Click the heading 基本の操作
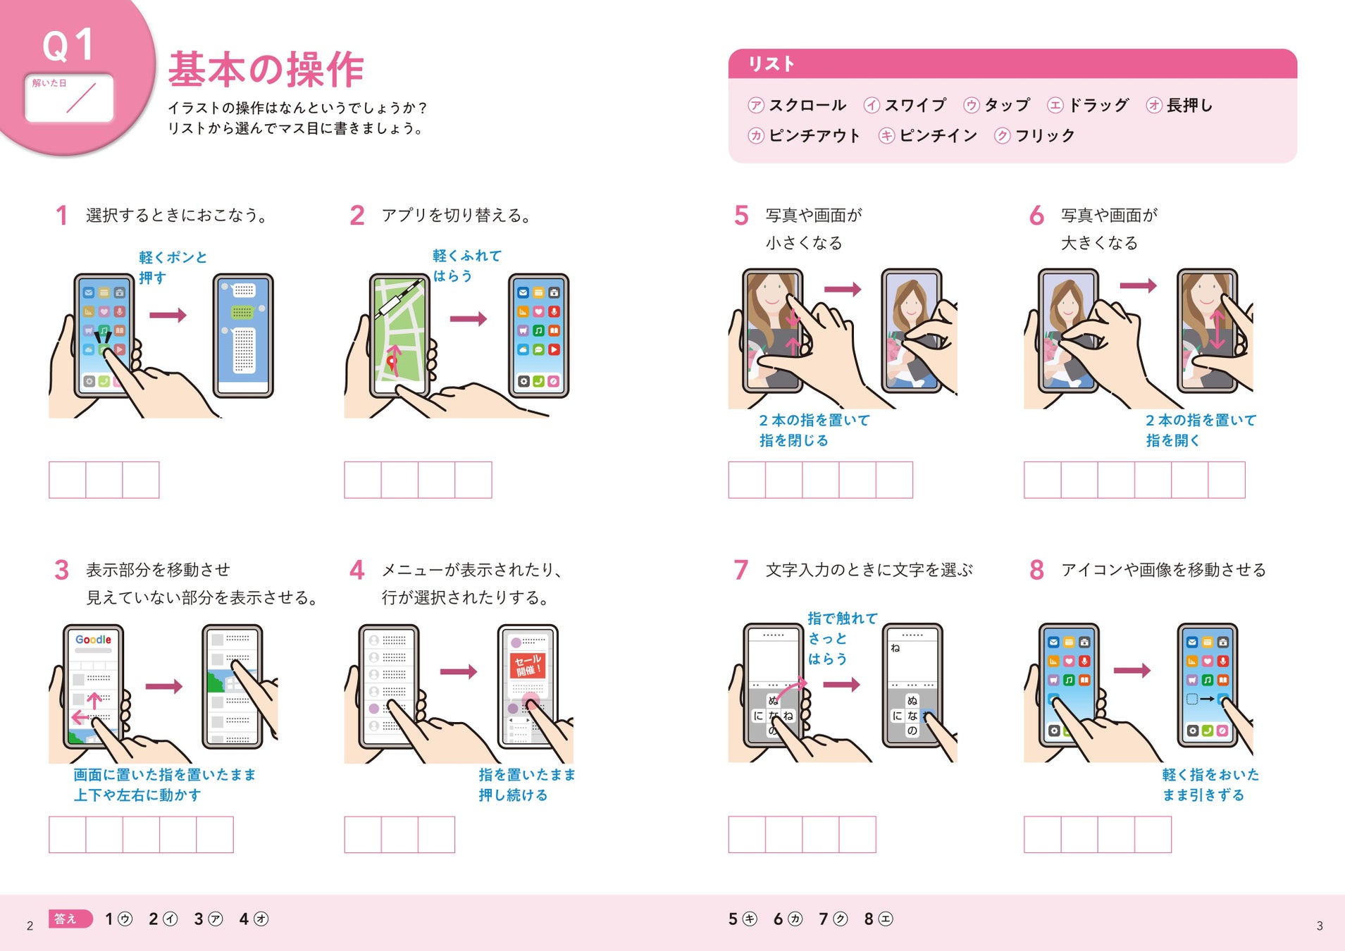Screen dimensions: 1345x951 click(x=266, y=69)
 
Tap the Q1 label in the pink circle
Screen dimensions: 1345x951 click(x=68, y=45)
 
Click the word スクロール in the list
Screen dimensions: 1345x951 click(x=807, y=105)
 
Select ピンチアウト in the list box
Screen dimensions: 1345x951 click(x=814, y=135)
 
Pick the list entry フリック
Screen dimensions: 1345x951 click(x=1045, y=135)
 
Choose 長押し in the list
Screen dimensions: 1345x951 click(x=1189, y=105)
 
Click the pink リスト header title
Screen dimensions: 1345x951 click(x=771, y=64)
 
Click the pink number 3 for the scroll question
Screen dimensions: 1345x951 click(x=61, y=570)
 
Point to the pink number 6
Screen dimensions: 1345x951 click(x=1036, y=216)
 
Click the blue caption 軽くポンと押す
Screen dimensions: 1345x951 click(x=173, y=268)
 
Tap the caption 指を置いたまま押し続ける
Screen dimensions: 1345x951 click(x=527, y=785)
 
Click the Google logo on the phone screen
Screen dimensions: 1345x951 click(x=93, y=640)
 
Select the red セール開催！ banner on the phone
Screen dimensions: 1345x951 click(x=528, y=665)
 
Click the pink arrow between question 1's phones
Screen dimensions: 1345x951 click(x=168, y=315)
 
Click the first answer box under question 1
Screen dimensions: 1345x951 click(x=67, y=480)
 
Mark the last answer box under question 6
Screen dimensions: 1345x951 click(x=1227, y=480)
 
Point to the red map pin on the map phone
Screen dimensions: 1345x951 click(x=392, y=363)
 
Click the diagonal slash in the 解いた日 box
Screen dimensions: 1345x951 click(x=81, y=98)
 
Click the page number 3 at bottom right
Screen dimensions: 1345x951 click(x=1320, y=926)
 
